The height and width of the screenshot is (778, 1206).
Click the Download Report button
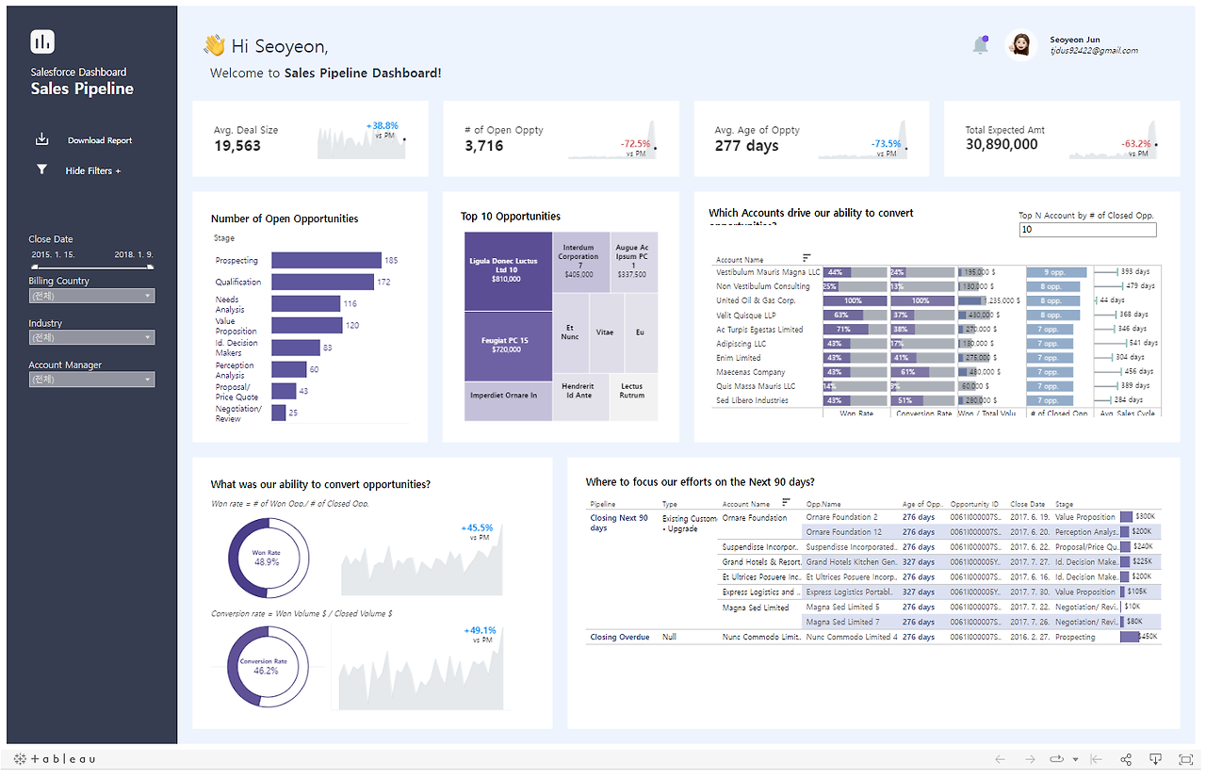99,140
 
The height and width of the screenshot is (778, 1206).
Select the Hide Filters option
92,170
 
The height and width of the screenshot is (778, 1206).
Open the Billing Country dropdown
91,296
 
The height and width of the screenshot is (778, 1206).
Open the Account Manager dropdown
91,380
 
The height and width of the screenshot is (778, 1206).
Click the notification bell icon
980,45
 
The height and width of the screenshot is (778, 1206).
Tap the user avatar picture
1020,45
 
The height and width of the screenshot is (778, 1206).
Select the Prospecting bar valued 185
326,260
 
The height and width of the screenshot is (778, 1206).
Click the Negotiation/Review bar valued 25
279,413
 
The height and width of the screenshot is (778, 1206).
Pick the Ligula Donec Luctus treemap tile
507,270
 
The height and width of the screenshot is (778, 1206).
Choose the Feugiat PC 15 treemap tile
507,345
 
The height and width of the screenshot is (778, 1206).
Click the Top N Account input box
1087,230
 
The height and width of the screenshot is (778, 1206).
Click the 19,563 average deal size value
237,145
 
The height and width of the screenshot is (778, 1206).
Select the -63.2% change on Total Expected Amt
1135,144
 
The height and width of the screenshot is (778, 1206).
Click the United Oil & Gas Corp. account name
756,300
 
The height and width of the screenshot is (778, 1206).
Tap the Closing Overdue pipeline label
619,638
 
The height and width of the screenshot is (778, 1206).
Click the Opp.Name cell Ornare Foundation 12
844,532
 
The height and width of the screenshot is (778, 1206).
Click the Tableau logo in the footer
55,759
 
